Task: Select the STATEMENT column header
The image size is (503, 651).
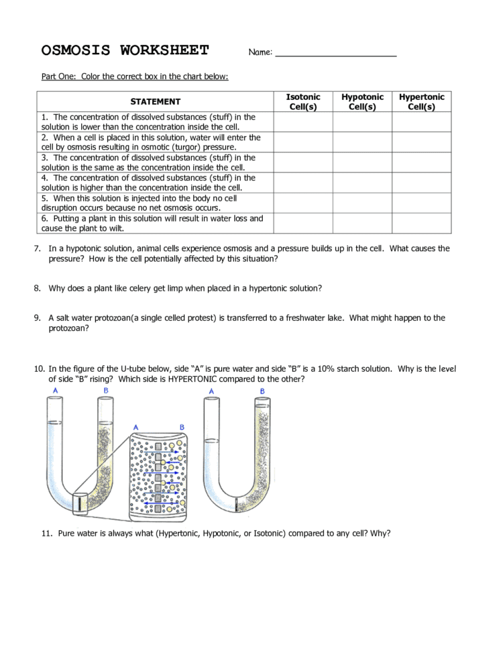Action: click(x=155, y=102)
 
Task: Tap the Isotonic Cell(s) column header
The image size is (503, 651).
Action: click(x=303, y=102)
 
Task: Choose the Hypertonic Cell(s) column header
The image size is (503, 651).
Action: click(x=421, y=102)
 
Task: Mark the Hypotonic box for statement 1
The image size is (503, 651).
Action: click(x=362, y=122)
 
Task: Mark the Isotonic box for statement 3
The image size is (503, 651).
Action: click(x=303, y=162)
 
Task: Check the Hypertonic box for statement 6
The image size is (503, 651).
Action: click(x=421, y=223)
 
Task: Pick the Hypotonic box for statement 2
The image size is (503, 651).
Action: click(x=362, y=142)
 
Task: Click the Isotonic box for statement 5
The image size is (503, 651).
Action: click(x=303, y=203)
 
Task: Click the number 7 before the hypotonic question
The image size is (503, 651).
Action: click(x=37, y=249)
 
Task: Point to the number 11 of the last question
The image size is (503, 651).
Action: click(x=46, y=534)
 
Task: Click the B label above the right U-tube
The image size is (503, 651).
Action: click(x=262, y=391)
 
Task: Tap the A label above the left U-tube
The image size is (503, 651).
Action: click(x=54, y=391)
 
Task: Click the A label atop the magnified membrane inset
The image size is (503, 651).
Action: click(x=136, y=427)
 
